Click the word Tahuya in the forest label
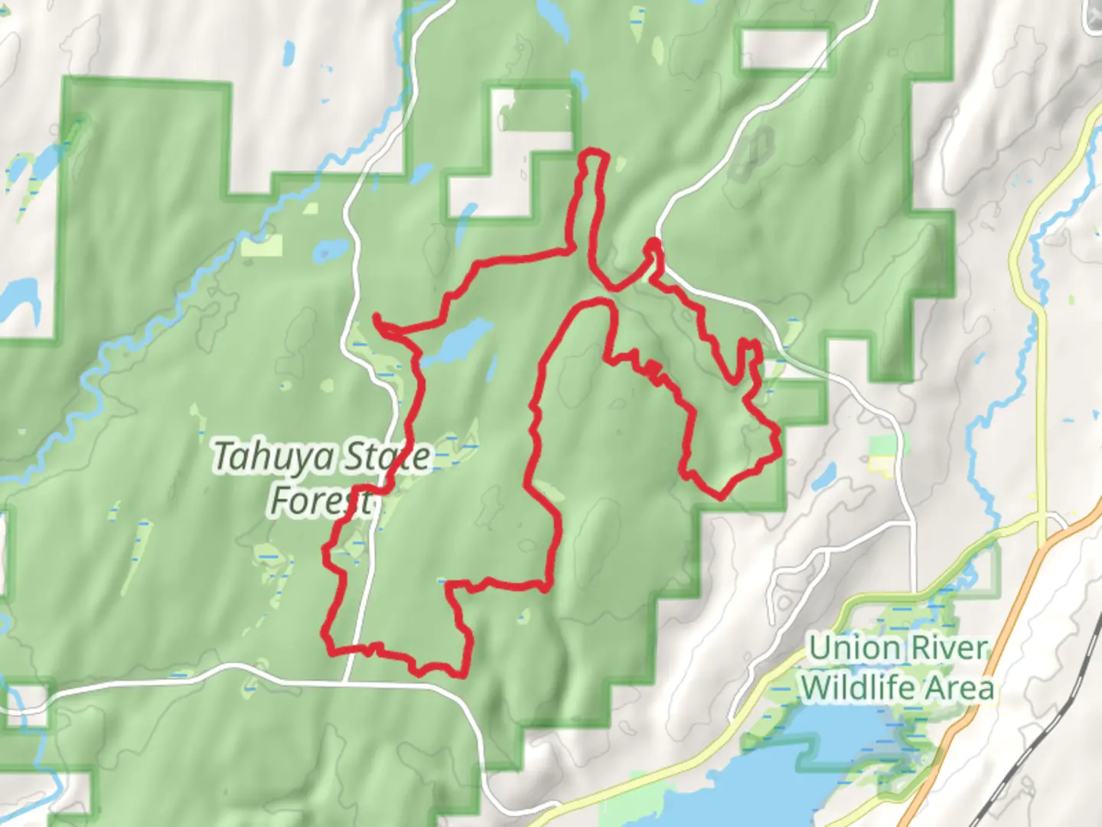(x=273, y=457)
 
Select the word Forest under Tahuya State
(x=321, y=501)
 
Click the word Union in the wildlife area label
(x=854, y=649)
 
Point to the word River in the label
(x=948, y=649)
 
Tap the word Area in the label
(x=962, y=687)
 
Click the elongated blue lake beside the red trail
(x=458, y=342)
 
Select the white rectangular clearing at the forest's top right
(x=784, y=47)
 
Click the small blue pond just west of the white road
(x=331, y=250)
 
